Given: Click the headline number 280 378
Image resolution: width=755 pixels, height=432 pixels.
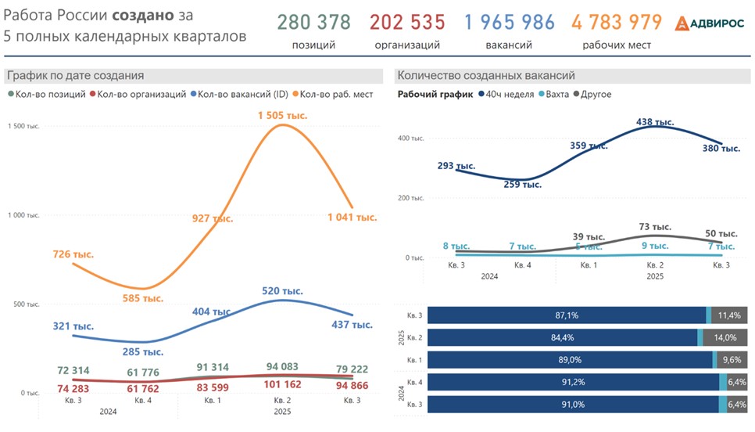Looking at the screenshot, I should click(x=313, y=22).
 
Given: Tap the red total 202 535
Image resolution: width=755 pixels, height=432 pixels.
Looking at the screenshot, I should click(x=407, y=22).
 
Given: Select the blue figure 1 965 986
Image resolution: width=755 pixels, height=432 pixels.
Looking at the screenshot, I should click(x=509, y=22).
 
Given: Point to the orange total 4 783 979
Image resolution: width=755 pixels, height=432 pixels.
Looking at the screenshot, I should click(x=617, y=22).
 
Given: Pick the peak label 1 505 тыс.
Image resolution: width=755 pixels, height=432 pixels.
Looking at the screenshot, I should click(x=282, y=116).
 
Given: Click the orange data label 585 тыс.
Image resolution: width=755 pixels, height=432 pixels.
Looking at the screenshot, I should click(x=141, y=298).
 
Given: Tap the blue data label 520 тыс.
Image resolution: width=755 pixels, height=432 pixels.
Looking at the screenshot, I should click(x=282, y=290).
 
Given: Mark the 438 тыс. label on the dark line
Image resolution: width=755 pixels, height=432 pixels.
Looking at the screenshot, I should click(x=655, y=122).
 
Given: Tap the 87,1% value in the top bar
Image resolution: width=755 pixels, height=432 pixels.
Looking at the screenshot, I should click(x=567, y=315).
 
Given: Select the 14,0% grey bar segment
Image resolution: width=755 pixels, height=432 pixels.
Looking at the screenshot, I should click(x=725, y=338).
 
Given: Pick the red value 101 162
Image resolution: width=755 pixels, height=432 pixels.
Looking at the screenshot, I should click(x=282, y=384).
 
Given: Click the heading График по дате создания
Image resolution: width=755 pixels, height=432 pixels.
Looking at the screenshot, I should click(x=75, y=76).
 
